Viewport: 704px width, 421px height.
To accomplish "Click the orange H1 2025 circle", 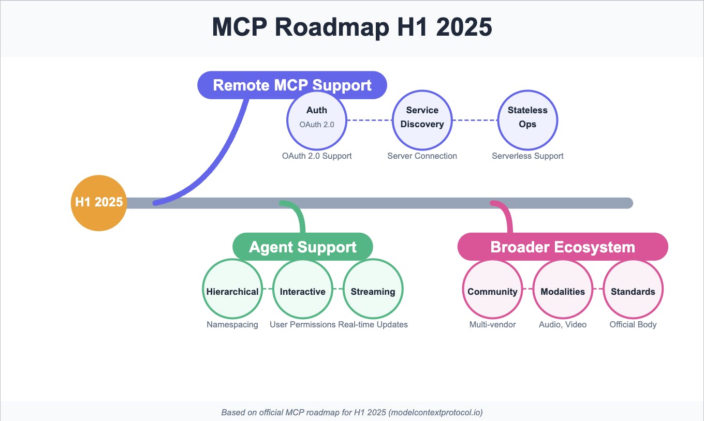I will click(x=98, y=203).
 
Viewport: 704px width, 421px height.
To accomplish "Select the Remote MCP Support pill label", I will click(x=292, y=85).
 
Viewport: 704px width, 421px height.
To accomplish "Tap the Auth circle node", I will click(x=316, y=120).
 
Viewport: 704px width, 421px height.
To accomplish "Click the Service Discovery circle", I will click(x=422, y=120).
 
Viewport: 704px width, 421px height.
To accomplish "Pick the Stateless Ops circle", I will click(x=527, y=120).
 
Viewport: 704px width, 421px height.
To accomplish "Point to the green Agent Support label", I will click(x=303, y=247).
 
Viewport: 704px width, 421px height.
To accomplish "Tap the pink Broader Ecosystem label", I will click(x=563, y=247).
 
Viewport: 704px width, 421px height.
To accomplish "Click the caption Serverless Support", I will click(x=527, y=156).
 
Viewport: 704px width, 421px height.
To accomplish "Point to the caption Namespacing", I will click(x=232, y=325).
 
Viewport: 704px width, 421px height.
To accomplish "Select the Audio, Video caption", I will click(x=563, y=325).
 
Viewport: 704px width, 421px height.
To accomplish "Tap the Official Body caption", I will click(x=633, y=325).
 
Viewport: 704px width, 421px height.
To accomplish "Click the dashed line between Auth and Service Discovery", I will click(x=369, y=120).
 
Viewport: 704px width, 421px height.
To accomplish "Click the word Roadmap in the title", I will click(x=331, y=27).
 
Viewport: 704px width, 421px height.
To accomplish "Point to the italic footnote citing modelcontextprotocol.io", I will click(x=352, y=413).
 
